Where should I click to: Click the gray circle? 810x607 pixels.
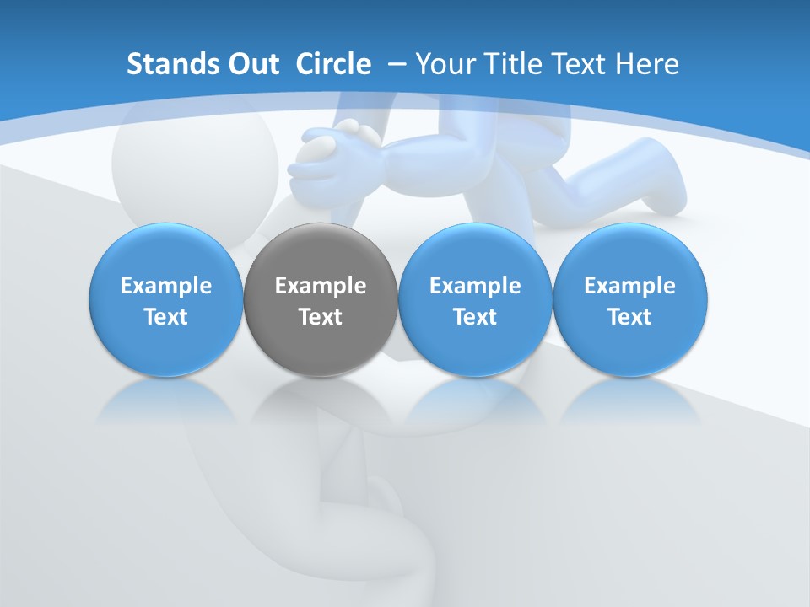click(321, 253)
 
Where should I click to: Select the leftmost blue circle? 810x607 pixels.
click(166, 253)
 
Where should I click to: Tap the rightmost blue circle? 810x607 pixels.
click(629, 253)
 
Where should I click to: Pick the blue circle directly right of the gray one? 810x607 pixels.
click(475, 253)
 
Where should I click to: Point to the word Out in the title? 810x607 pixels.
click(254, 64)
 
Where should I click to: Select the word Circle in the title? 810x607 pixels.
click(333, 64)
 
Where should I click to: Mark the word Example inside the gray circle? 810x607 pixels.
click(321, 286)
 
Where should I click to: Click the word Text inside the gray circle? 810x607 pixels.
click(321, 317)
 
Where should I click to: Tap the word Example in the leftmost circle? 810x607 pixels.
click(166, 286)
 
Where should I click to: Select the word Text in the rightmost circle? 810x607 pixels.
click(629, 317)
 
